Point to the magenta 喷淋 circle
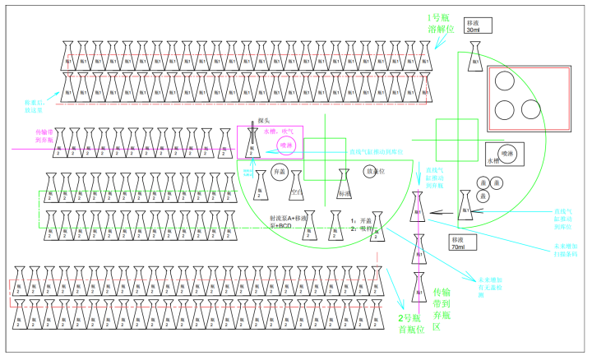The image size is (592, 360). point(287,145)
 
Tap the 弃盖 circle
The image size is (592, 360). point(280,173)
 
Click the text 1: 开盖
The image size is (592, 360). point(361,221)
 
